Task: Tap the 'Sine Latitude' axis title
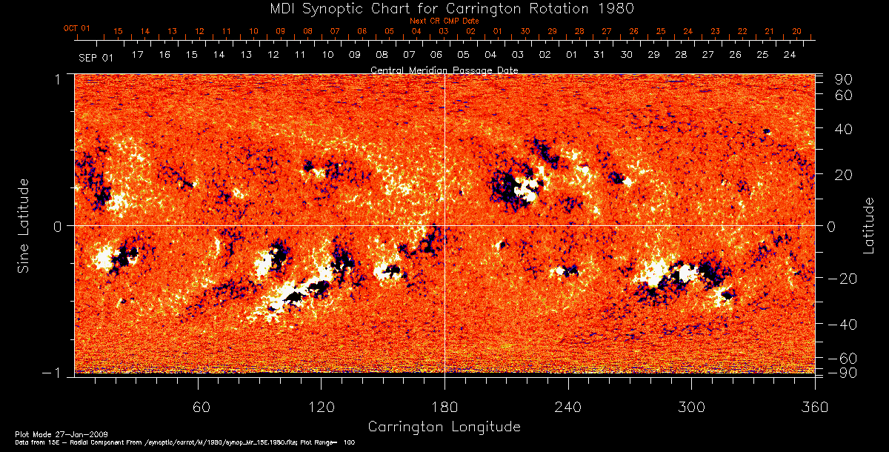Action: coord(24,224)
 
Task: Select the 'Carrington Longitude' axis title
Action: coord(444,427)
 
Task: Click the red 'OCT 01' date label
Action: coord(76,29)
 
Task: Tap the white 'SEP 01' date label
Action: coord(96,56)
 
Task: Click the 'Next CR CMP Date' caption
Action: coord(444,21)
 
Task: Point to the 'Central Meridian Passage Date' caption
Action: coord(444,70)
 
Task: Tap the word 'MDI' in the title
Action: coord(267,8)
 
